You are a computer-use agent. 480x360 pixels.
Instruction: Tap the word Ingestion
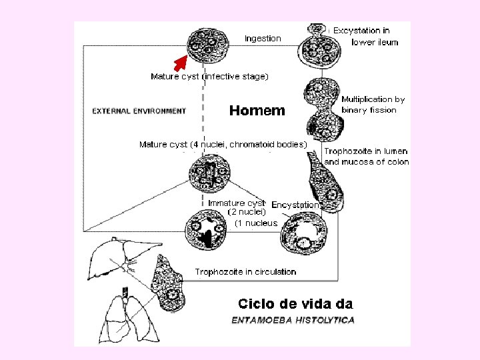pyautogui.click(x=263, y=39)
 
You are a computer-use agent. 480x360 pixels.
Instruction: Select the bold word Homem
pyautogui.click(x=257, y=111)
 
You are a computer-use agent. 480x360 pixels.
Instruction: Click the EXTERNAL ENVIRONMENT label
pyautogui.click(x=139, y=111)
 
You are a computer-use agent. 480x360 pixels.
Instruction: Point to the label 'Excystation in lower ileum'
pyautogui.click(x=364, y=36)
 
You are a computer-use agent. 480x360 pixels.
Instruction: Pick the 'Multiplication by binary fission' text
pyautogui.click(x=373, y=105)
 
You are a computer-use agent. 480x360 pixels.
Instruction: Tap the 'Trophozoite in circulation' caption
pyautogui.click(x=245, y=271)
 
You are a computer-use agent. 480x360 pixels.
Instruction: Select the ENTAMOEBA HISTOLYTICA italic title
pyautogui.click(x=293, y=320)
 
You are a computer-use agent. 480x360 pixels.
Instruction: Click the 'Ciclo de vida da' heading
pyautogui.click(x=295, y=304)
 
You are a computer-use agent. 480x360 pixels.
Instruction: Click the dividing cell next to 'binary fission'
pyautogui.click(x=323, y=110)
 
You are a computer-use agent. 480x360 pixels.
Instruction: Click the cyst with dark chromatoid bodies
pyautogui.click(x=210, y=175)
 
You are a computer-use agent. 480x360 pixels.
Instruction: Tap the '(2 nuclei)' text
pyautogui.click(x=247, y=212)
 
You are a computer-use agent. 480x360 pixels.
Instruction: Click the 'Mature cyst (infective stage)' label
pyautogui.click(x=209, y=77)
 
